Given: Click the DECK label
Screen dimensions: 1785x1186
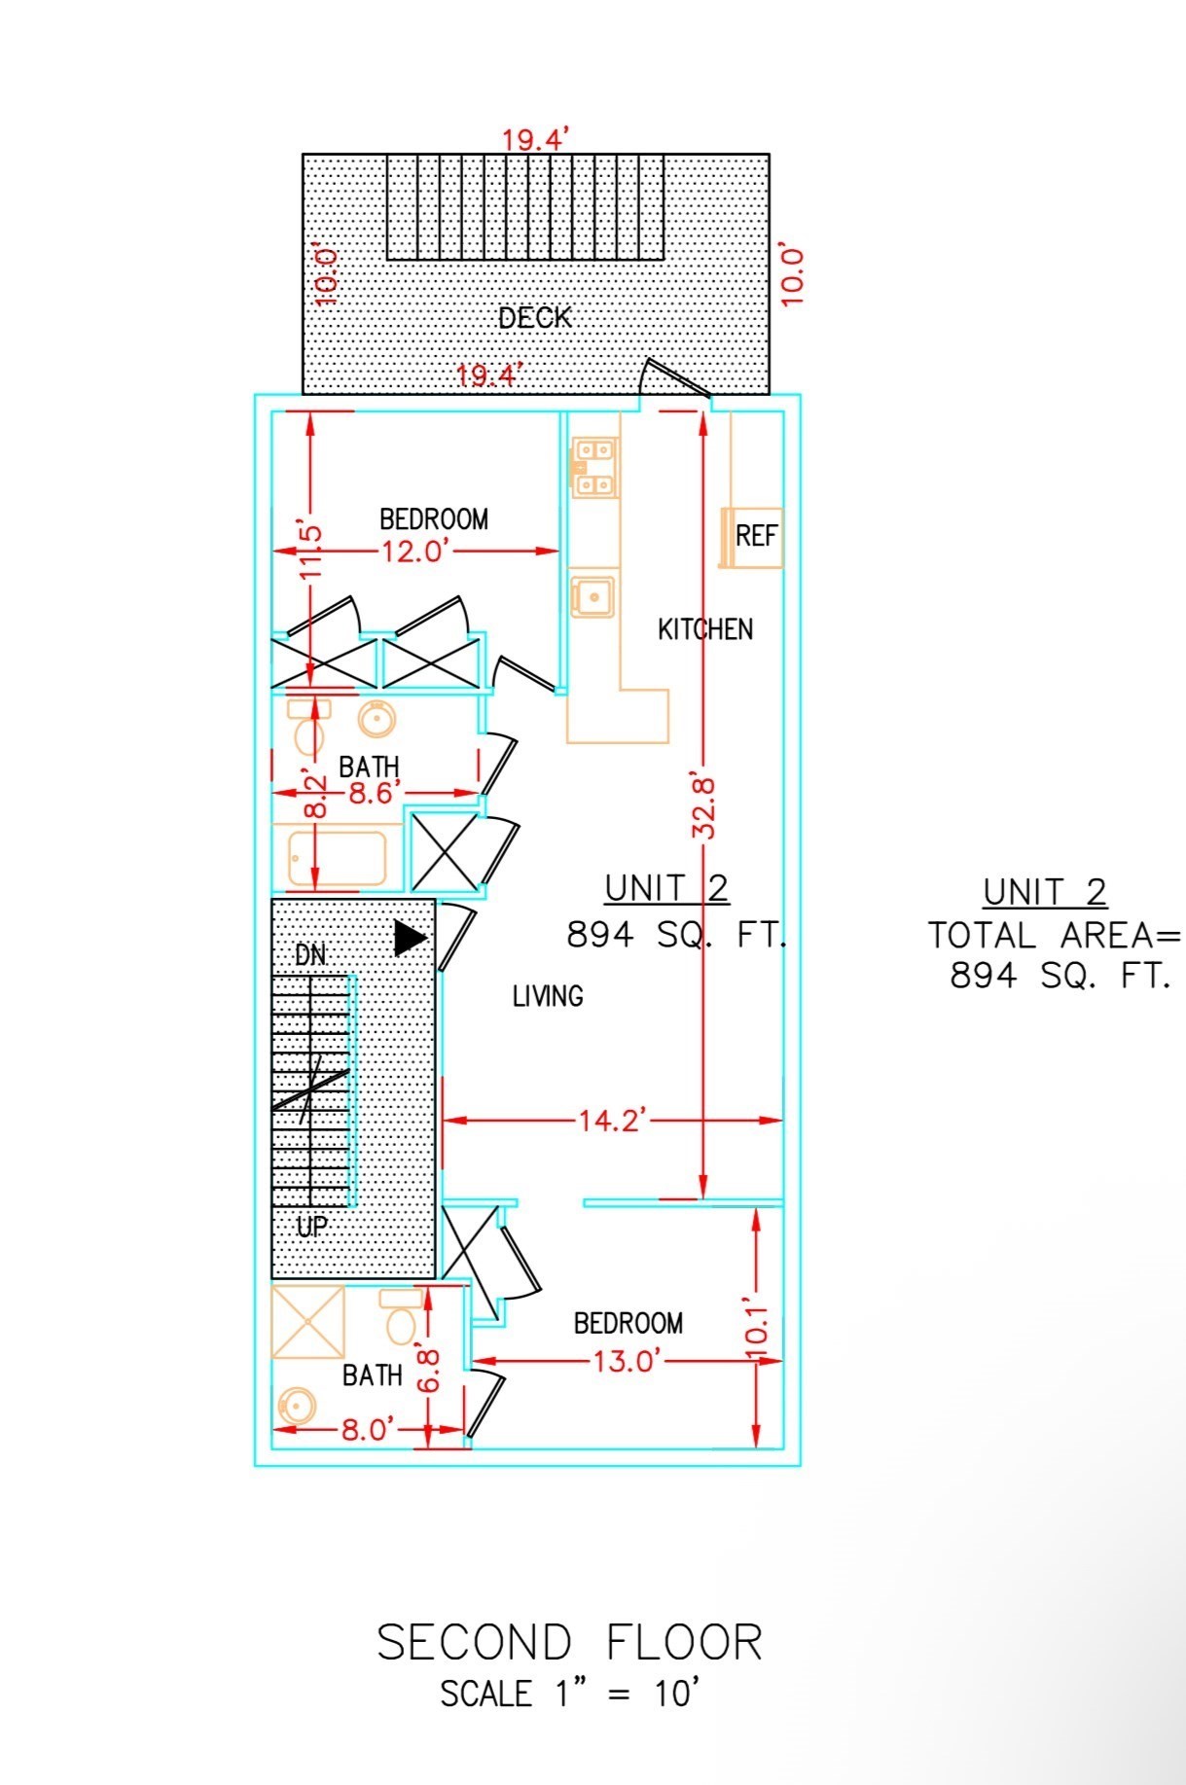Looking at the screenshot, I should click(x=534, y=317).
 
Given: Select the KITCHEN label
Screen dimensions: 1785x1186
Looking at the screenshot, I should click(x=705, y=629).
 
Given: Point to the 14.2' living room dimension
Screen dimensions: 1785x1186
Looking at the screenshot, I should click(x=612, y=1121).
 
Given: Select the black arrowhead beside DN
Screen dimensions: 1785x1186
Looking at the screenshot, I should click(x=411, y=938).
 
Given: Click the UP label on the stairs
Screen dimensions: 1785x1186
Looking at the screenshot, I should click(x=311, y=1228).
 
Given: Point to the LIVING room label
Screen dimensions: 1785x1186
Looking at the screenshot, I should click(x=548, y=996).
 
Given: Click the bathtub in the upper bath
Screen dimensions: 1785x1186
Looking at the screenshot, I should click(x=337, y=859).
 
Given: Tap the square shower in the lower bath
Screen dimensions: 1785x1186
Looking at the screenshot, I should click(x=307, y=1322).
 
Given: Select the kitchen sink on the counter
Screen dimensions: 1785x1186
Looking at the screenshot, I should click(x=592, y=596).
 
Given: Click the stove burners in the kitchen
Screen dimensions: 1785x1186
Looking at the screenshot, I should click(x=593, y=467).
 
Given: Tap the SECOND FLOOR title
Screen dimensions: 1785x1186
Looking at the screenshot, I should click(x=569, y=1643).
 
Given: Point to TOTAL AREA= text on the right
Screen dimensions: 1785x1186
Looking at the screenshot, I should click(x=1054, y=936).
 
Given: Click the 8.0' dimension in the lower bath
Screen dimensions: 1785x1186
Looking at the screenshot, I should click(x=367, y=1430).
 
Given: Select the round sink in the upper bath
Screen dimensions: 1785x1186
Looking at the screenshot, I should click(x=376, y=720).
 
